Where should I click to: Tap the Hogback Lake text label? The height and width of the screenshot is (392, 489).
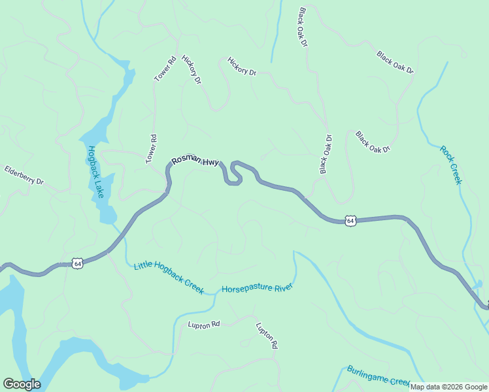coord(95,172)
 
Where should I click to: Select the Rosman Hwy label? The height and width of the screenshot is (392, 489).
coord(195,161)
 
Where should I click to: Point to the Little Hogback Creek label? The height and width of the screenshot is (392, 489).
coord(169,277)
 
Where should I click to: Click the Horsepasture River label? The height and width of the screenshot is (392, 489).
coord(256,287)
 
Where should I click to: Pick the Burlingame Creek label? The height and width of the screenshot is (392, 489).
coord(378,376)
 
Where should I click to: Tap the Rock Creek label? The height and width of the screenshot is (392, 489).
coord(450,165)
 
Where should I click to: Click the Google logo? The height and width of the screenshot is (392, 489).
coord(22,384)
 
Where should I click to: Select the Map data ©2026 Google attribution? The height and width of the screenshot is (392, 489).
coord(449,387)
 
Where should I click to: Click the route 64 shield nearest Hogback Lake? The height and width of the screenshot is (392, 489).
coord(78,263)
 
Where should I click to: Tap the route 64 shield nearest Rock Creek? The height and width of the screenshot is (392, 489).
coord(351,221)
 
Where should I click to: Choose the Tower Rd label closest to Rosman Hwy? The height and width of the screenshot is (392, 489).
coord(151,149)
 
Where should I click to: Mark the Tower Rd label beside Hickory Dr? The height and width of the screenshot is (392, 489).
coord(165,70)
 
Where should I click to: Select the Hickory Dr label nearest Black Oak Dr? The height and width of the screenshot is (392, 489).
coord(241,67)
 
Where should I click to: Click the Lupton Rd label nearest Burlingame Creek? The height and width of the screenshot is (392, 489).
coord(267,335)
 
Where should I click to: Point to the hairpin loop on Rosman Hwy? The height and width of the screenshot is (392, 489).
coord(234,173)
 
